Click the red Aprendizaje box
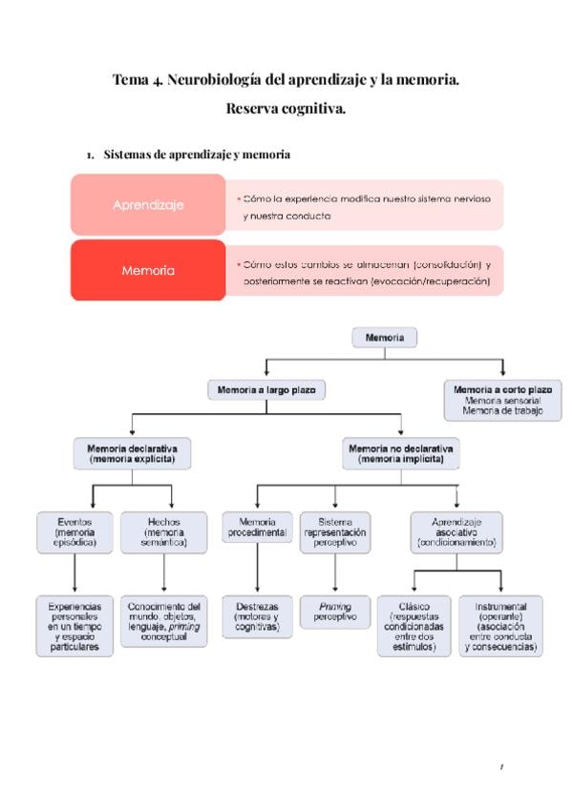tap(148, 205)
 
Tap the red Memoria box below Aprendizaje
tap(148, 270)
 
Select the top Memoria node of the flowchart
tap(384, 338)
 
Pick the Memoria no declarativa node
tap(401, 452)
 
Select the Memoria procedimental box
tap(257, 529)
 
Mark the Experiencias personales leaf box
tap(74, 626)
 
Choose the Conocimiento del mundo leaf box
tap(164, 621)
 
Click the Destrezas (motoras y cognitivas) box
tap(257, 616)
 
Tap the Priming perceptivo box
tap(334, 612)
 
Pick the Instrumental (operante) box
tap(501, 626)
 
